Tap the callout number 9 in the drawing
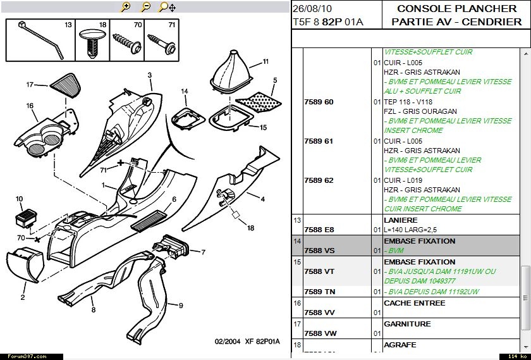click(x=181, y=306)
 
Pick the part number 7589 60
click(x=319, y=102)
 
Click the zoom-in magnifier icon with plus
click(x=126, y=8)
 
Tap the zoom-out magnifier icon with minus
click(x=145, y=8)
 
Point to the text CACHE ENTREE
click(x=414, y=303)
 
